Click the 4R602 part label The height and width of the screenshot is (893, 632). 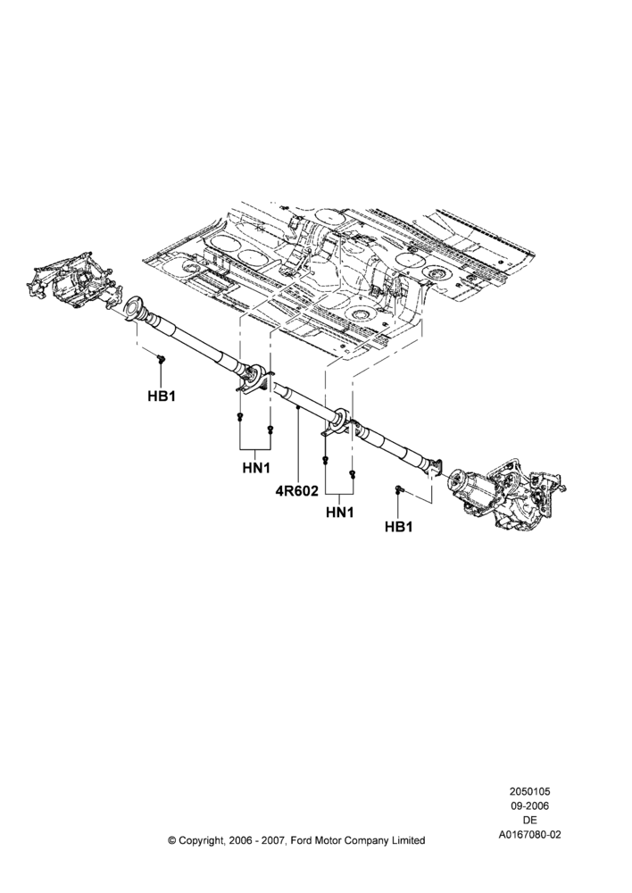point(297,490)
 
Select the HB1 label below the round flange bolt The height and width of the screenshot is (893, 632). point(162,396)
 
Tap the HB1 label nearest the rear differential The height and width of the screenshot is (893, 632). point(398,527)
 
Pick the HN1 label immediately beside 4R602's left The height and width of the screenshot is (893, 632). point(256,468)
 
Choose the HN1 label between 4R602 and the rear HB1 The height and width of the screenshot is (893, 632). point(340,513)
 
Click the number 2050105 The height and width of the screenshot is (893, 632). point(529,791)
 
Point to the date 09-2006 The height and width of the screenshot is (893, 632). point(529,805)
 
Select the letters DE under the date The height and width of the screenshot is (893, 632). point(529,820)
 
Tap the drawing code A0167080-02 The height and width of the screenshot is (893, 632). point(529,834)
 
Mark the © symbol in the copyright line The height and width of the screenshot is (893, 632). point(172,840)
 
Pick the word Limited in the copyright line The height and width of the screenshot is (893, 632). point(408,840)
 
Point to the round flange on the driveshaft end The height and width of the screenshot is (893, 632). point(135,309)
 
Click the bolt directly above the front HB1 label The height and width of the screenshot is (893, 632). point(161,358)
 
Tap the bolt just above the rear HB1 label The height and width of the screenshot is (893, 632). point(398,488)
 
